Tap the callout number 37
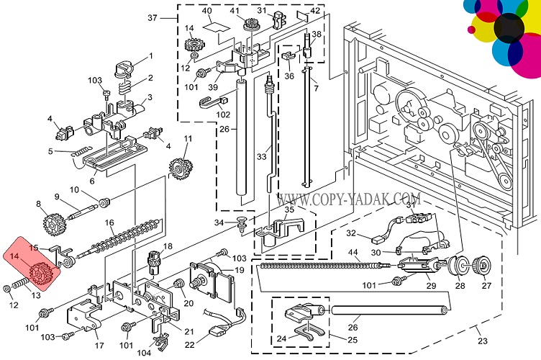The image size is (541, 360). point(152,17)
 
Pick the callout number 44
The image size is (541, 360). point(354,253)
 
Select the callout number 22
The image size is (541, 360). point(188,345)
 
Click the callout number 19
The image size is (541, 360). point(239,270)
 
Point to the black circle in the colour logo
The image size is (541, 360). point(509,27)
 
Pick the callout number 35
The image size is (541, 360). point(289,210)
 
